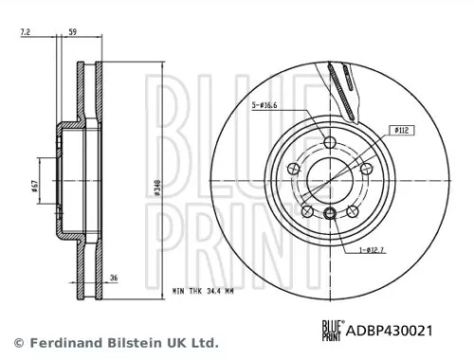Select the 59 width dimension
73,34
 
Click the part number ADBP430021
390,329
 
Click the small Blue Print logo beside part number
331,329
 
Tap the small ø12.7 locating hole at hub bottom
329,212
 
